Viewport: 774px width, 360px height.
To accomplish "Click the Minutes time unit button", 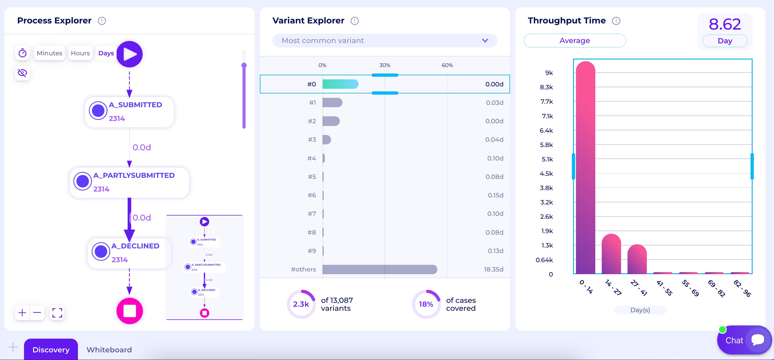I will point(49,53).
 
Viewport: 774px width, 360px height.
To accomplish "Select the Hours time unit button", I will point(80,53).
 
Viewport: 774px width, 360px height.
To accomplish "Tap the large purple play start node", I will point(129,54).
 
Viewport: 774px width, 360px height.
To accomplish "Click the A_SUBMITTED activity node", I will point(129,112).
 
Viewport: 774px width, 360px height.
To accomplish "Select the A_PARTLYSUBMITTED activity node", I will point(129,182).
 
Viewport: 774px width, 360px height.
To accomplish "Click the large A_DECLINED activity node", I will point(129,253).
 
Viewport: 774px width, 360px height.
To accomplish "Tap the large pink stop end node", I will point(129,311).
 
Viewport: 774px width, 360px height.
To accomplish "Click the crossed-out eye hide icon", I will point(23,73).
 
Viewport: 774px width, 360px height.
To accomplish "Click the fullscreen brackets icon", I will point(57,313).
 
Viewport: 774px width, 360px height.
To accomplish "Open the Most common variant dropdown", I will point(384,40).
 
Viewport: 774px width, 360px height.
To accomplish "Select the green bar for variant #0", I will point(340,84).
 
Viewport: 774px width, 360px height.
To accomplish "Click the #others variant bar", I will point(379,269).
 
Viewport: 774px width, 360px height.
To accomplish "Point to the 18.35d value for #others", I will point(493,269).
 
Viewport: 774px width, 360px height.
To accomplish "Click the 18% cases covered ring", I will point(426,304).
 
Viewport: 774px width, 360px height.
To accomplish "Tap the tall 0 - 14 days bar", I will point(585,168).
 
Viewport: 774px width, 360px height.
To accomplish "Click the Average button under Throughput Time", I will point(574,40).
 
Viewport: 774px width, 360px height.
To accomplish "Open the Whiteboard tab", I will point(109,349).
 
